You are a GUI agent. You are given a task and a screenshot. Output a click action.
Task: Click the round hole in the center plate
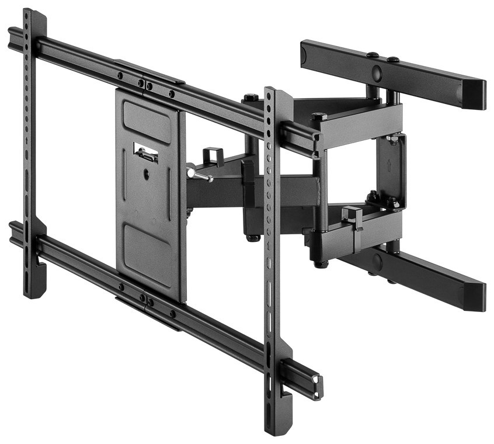coord(145,174)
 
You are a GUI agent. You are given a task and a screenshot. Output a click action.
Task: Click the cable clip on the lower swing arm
coord(352,217)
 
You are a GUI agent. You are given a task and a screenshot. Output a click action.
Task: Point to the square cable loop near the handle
coord(214,156)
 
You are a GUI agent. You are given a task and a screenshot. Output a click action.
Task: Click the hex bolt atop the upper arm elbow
coord(251,98)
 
